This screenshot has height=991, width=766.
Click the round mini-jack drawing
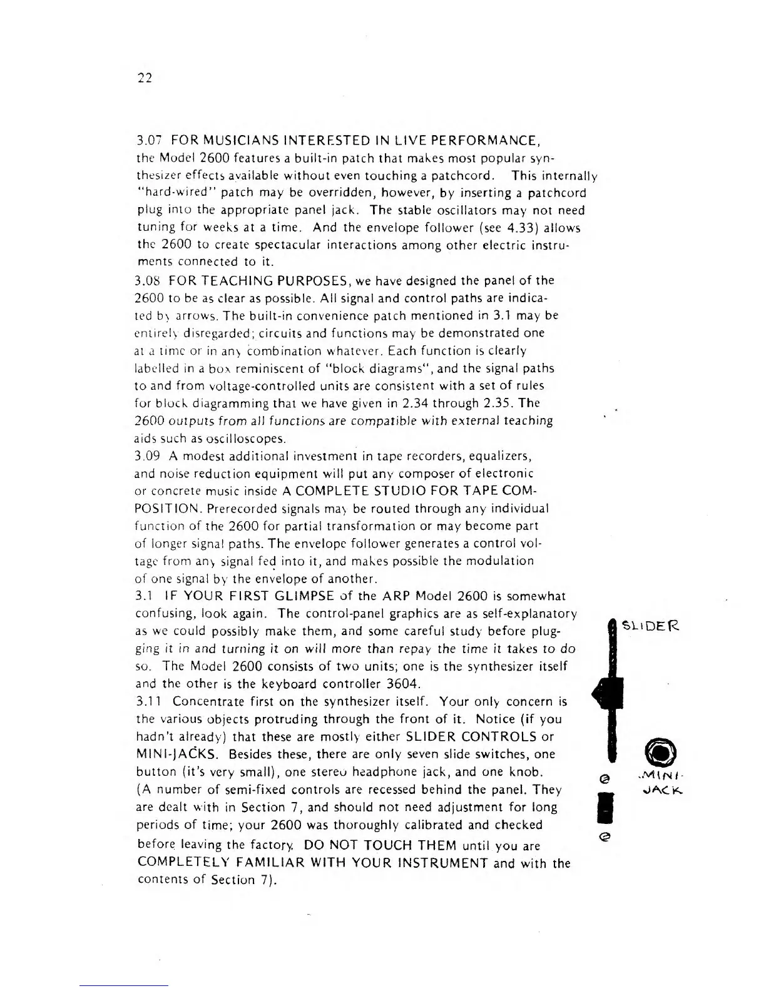tap(656, 751)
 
